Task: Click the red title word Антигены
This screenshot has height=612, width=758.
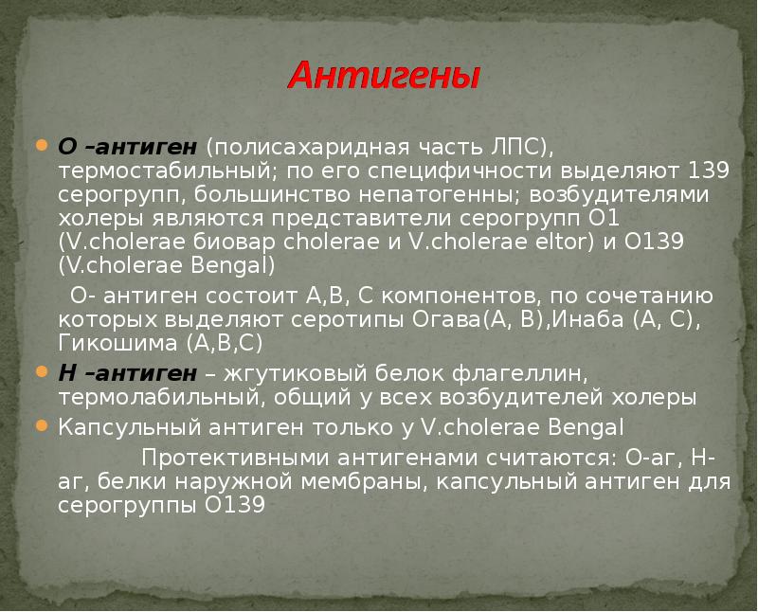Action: (x=384, y=76)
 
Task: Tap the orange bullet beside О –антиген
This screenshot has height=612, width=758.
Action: (x=43, y=145)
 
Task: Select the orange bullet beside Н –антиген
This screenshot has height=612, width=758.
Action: (x=43, y=371)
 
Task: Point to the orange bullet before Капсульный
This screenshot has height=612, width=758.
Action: (x=43, y=425)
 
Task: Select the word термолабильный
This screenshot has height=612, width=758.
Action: (x=162, y=397)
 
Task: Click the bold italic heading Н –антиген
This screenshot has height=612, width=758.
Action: (x=128, y=373)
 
